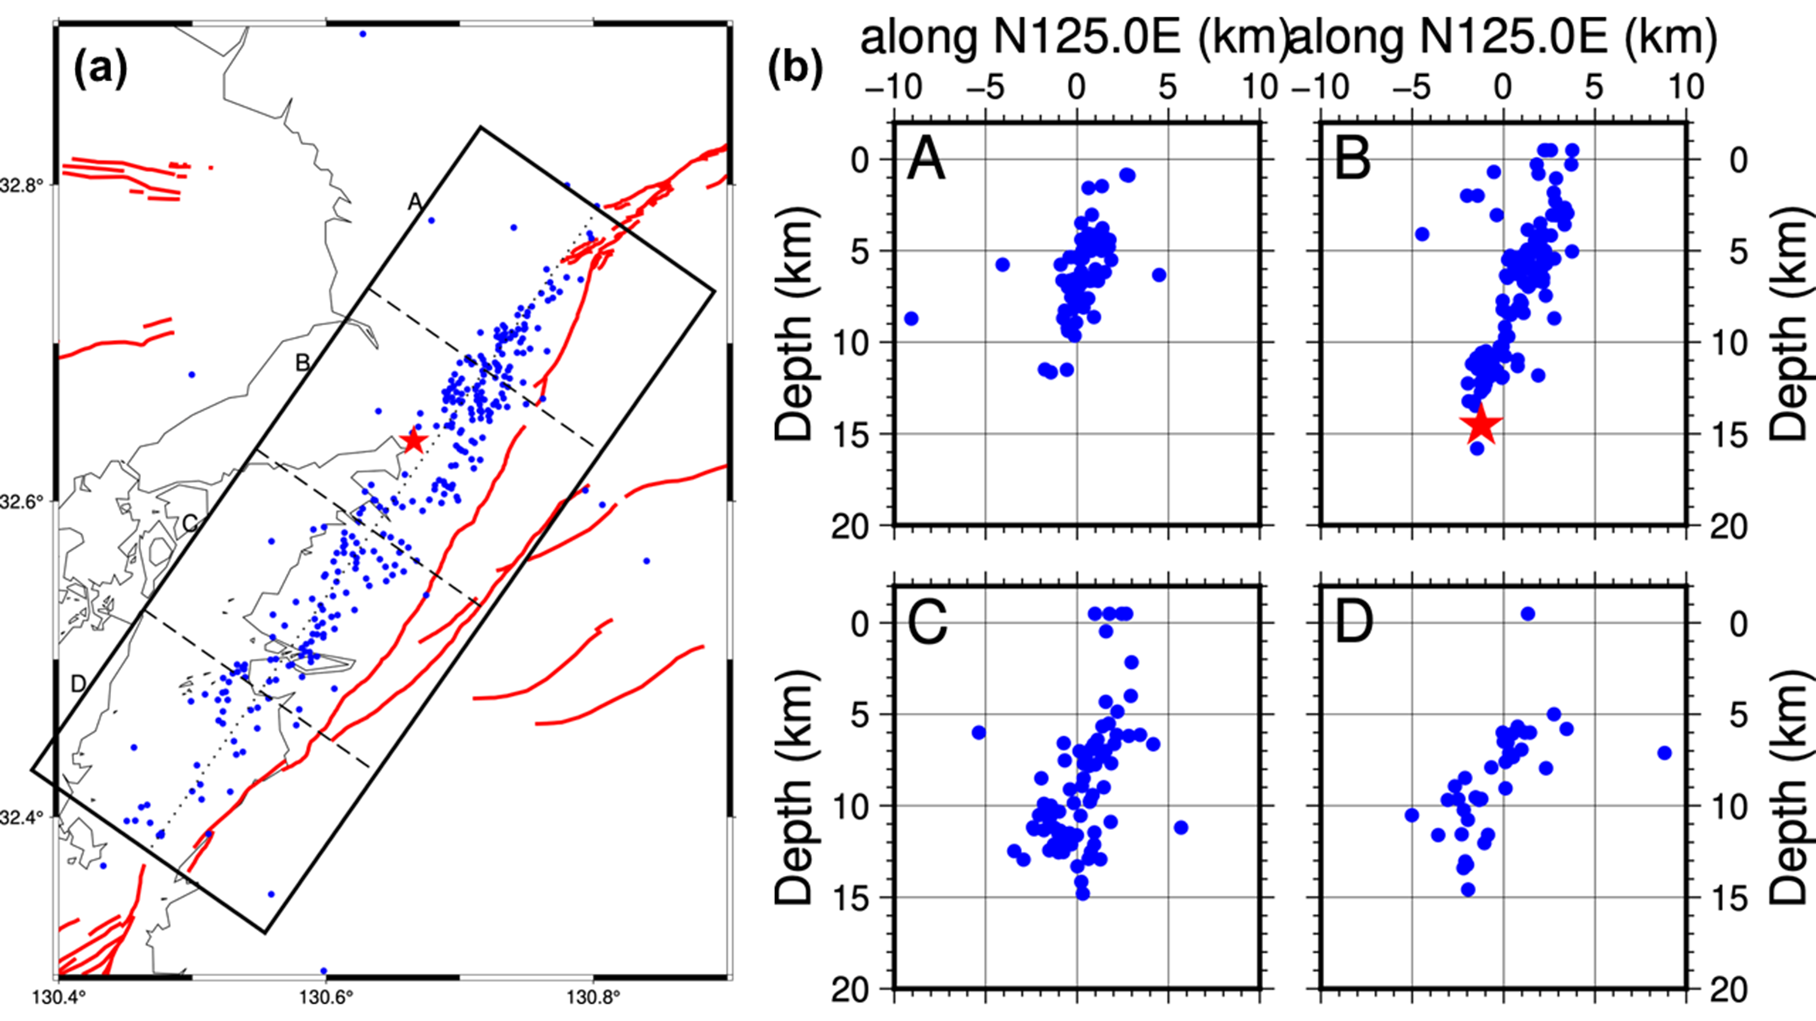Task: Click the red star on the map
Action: [413, 440]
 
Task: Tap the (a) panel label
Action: [100, 69]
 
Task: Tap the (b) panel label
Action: [795, 69]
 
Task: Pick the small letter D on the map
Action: [78, 683]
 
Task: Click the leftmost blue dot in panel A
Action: [911, 318]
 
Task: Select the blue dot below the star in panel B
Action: [1477, 448]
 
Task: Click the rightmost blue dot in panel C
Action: [1181, 827]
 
